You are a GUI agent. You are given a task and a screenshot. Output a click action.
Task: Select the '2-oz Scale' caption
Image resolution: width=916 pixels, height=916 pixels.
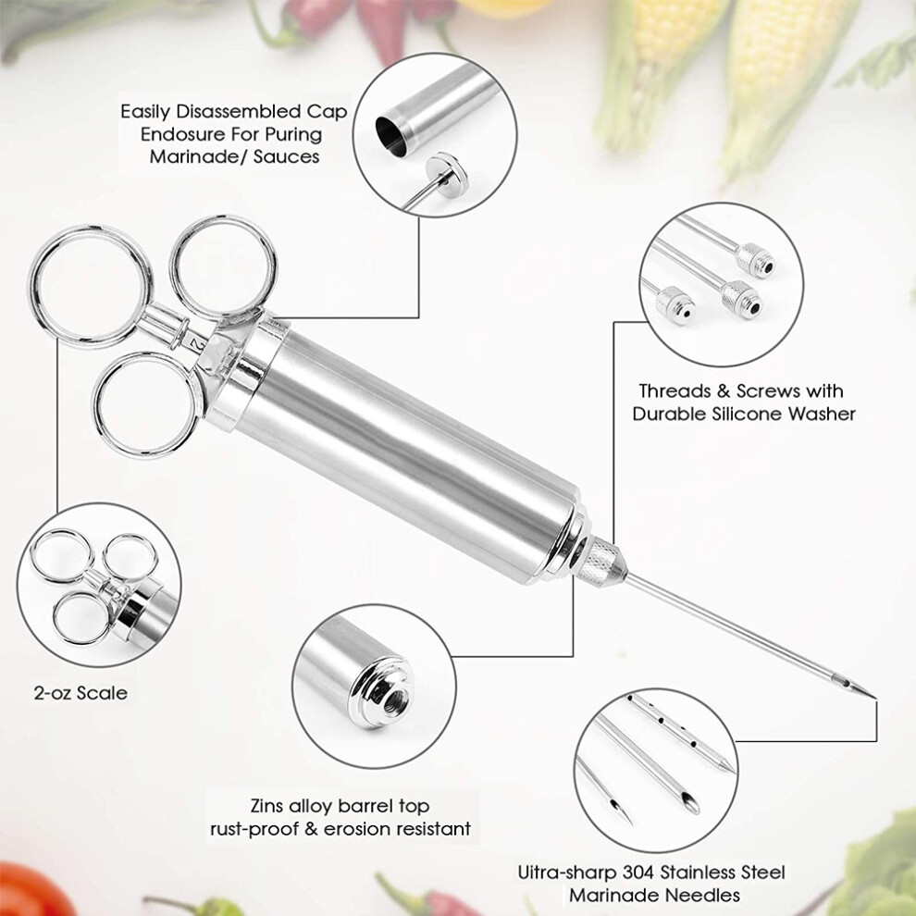[80, 693]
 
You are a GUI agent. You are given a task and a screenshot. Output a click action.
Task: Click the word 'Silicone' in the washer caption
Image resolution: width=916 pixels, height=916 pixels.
[749, 414]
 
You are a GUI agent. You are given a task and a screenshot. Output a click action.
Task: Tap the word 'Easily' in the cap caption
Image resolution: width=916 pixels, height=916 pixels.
[145, 112]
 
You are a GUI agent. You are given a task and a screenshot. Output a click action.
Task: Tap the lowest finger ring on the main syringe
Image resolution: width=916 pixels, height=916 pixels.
[146, 404]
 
